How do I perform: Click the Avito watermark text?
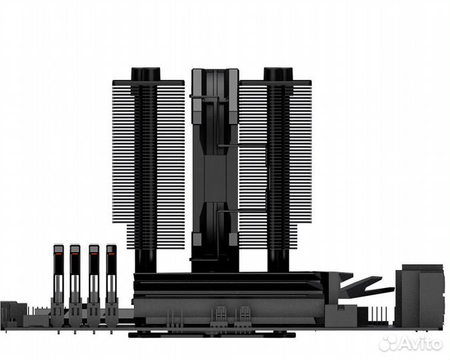pos(421,343)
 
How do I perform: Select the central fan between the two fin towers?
pos(215,167)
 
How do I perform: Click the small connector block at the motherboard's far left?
pos(11,313)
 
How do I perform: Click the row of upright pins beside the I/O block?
pos(383,313)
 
